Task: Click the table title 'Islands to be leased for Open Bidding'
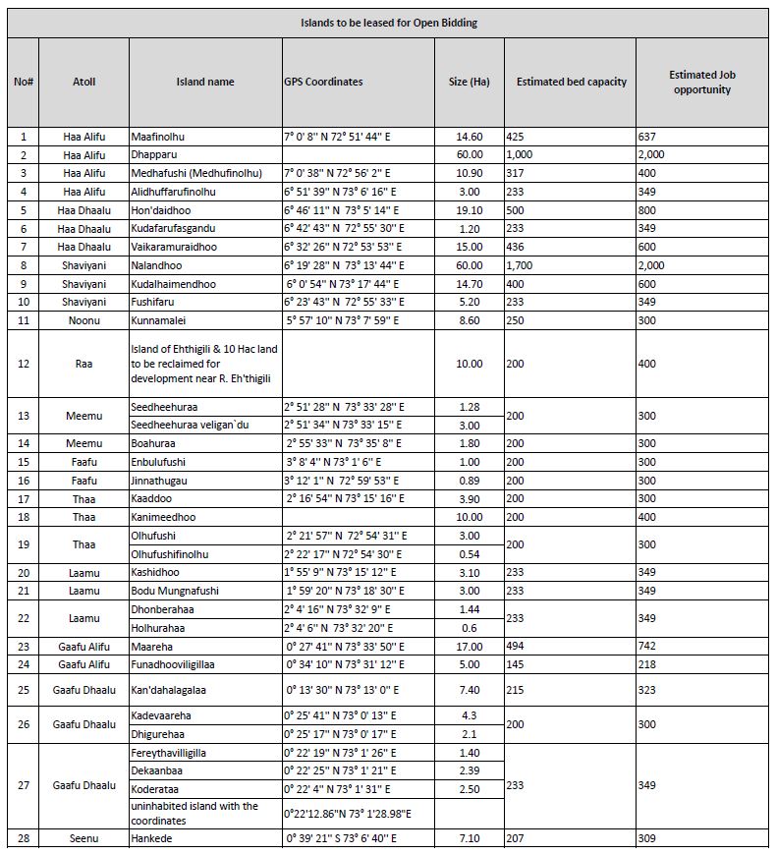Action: coord(389,23)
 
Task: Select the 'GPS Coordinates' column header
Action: coord(323,82)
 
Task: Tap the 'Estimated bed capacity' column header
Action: coord(572,82)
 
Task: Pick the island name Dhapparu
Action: coord(156,154)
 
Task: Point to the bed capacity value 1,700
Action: coord(521,265)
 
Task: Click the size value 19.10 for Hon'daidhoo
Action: coord(470,210)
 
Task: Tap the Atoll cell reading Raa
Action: coord(83,364)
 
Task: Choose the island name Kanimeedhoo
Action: coord(163,517)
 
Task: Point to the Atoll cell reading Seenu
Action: coord(83,838)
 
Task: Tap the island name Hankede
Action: coord(153,838)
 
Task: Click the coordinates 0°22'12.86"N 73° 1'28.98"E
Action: coord(347,813)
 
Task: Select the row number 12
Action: coord(24,364)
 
